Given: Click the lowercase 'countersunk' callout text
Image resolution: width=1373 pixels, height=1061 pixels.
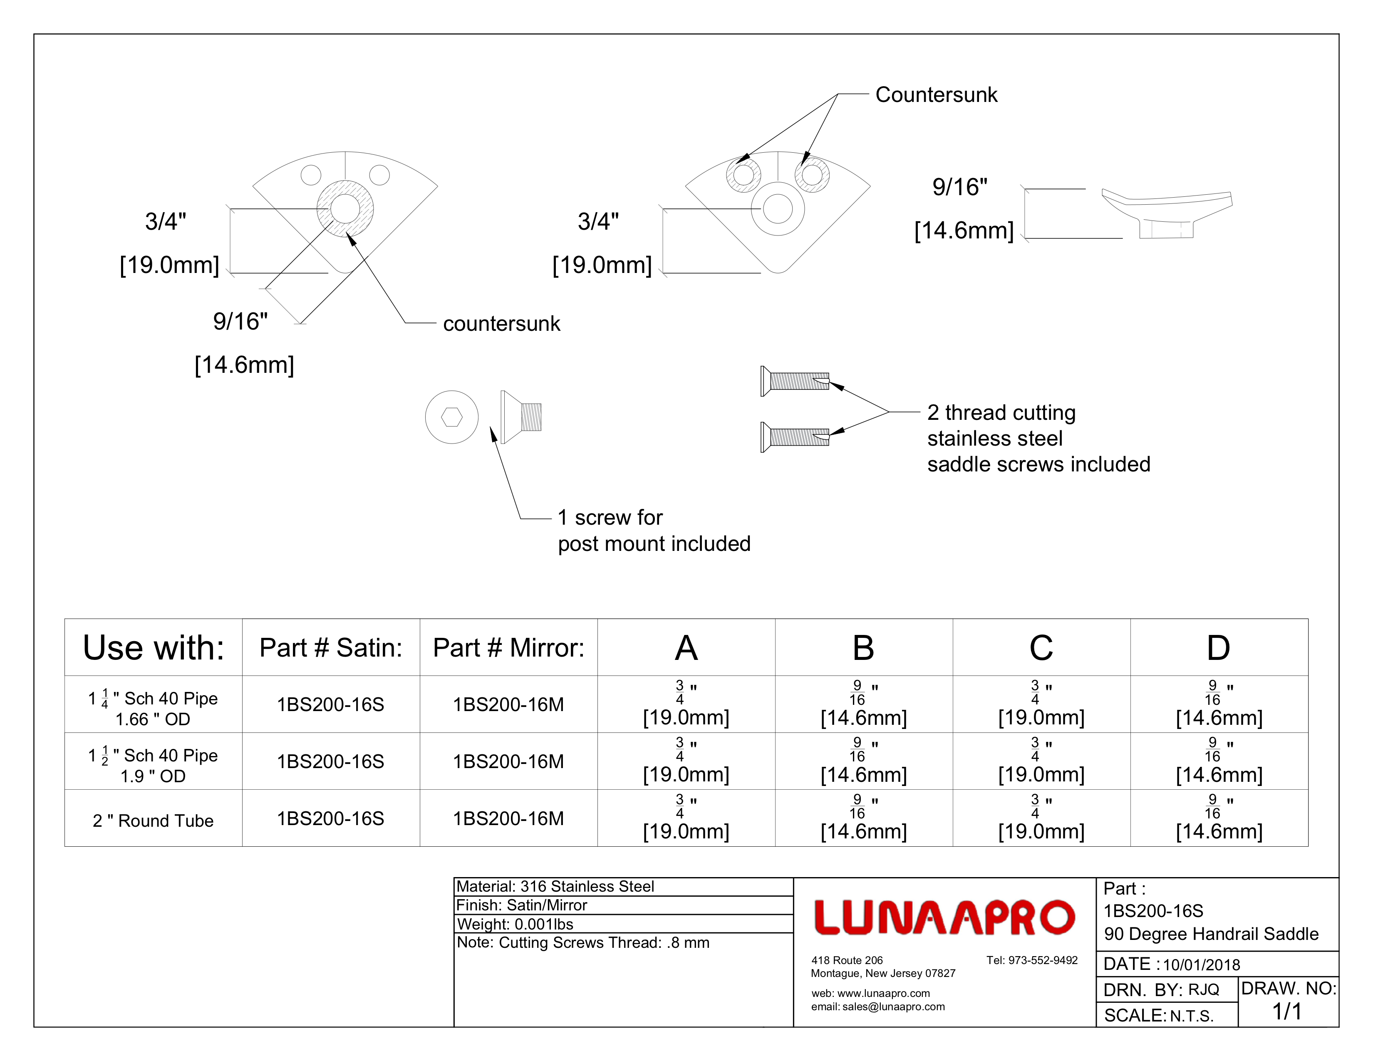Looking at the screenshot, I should pos(501,324).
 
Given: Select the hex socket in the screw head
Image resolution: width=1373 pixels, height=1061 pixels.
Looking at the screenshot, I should pos(451,417).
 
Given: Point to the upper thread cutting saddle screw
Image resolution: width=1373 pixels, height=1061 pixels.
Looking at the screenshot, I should pos(795,381).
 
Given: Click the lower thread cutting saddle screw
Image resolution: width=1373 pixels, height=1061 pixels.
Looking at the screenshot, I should pos(795,437).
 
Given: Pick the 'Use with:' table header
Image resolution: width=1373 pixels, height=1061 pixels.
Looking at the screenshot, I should pos(154,647).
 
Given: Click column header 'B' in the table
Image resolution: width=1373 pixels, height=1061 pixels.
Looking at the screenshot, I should pos(863,647).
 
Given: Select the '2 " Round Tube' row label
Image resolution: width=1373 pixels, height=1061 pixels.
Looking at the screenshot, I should pos(154,820).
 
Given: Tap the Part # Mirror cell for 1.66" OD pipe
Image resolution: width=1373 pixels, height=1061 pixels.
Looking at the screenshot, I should pos(508,704).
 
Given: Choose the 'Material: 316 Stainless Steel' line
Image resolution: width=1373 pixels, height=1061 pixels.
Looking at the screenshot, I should pos(555,886).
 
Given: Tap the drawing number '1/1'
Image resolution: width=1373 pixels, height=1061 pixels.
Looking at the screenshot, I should pos(1287,1011).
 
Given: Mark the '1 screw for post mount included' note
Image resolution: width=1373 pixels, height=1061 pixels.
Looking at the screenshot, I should pos(654,530).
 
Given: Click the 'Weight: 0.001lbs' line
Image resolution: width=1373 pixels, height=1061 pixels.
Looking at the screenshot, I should pos(515,924).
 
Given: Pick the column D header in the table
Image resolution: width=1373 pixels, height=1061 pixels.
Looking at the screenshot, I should pos(1218,647).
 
